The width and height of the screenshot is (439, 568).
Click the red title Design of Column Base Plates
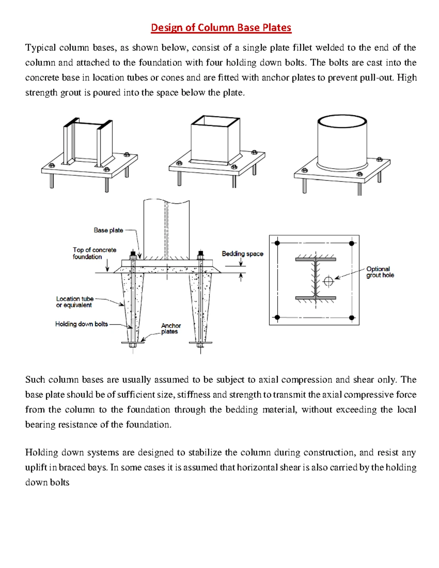click(221, 28)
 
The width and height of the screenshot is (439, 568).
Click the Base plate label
click(108, 230)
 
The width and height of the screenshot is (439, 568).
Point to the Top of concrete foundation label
click(94, 253)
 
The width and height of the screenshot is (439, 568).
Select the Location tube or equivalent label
click(75, 302)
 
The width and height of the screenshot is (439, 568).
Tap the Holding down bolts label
click(82, 324)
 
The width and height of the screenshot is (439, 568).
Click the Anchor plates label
click(170, 328)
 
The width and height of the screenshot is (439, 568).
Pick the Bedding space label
click(243, 254)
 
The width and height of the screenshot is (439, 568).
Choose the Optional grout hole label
click(380, 272)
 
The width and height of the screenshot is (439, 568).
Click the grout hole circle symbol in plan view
click(329, 281)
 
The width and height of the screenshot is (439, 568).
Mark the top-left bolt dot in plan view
click(277, 243)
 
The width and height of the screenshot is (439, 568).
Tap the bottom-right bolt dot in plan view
click(352, 317)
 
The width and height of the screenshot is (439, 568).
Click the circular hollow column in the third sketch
click(342, 143)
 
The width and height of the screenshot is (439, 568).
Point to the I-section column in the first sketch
click(88, 143)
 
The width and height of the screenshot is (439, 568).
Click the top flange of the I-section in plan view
click(316, 259)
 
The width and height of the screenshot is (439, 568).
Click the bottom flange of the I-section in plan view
click(316, 298)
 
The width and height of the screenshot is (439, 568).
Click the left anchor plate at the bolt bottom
click(132, 343)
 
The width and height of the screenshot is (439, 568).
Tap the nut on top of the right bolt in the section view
click(200, 253)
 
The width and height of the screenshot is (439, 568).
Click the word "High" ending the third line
click(407, 78)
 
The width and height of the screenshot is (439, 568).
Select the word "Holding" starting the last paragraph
click(41, 453)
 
